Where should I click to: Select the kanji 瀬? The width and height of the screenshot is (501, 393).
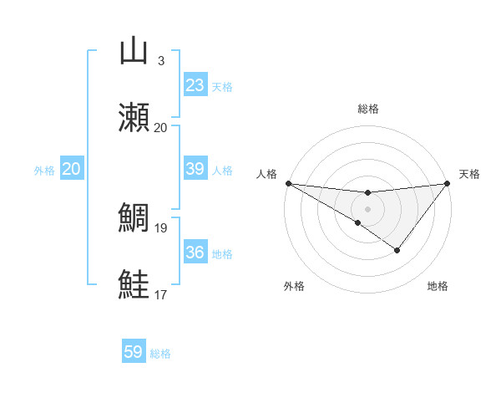pos(134,118)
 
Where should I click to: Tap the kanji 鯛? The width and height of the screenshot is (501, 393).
pos(134,217)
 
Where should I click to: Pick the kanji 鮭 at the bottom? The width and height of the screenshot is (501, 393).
pos(134,284)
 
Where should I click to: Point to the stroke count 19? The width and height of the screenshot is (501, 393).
pos(161,227)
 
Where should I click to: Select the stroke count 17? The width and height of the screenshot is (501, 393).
pos(161,294)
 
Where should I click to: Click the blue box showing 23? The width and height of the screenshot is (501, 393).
pos(195,85)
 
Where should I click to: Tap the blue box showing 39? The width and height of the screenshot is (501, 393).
pos(195,169)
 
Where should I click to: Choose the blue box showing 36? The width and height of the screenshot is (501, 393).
pos(195,253)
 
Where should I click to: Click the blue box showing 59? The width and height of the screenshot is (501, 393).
pos(134,352)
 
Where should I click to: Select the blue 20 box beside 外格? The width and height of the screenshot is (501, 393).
pos(71,169)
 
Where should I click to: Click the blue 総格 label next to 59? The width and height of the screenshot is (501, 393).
pos(160,354)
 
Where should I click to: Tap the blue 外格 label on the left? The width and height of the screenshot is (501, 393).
pos(44,171)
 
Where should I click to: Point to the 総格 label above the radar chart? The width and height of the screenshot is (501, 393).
pos(367,109)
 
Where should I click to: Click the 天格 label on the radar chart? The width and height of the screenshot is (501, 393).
pos(470,174)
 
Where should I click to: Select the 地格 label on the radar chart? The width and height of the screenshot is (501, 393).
pos(438,286)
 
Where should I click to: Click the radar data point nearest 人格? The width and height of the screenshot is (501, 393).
pos(288,183)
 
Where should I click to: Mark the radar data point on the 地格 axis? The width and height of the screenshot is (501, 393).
pos(397,250)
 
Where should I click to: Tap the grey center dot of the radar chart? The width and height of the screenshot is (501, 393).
pos(367,209)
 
